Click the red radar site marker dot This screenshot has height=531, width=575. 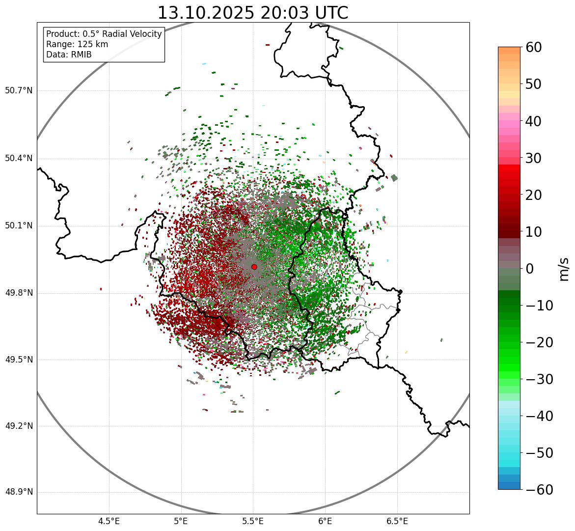[x=254, y=267]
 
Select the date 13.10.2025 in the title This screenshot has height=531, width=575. [x=206, y=13]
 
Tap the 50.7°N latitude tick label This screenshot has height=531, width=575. [x=19, y=91]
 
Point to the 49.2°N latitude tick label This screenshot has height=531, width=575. [x=19, y=426]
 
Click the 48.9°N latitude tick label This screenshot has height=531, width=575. [x=19, y=492]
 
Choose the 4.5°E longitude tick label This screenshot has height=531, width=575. [x=109, y=521]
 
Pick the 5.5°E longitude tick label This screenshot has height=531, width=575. [x=253, y=521]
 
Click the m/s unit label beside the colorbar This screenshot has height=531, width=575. [x=564, y=269]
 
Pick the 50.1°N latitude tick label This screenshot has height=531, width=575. [x=19, y=226]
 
